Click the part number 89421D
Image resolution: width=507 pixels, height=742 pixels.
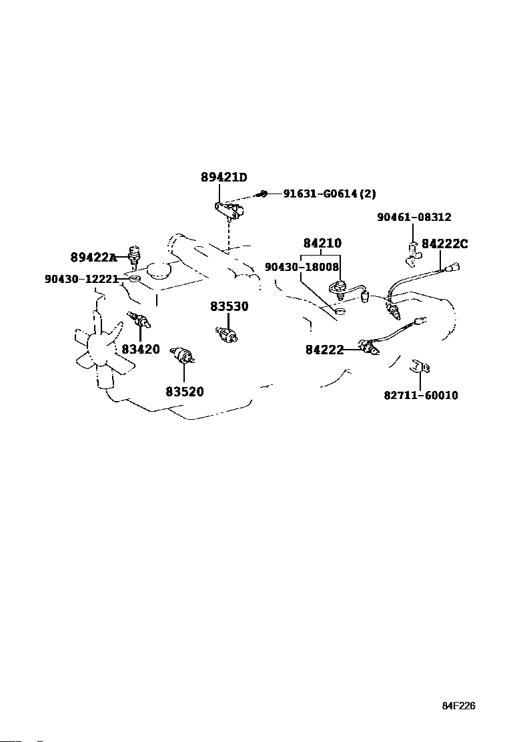(223, 177)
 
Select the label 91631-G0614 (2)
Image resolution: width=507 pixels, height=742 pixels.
(329, 194)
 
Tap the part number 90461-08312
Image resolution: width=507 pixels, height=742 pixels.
(414, 217)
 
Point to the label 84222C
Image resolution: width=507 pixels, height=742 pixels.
(444, 244)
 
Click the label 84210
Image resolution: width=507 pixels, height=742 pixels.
(322, 244)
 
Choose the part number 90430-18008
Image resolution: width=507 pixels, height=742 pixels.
(302, 266)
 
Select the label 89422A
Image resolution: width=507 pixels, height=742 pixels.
(93, 257)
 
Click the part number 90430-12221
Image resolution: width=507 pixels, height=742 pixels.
(81, 279)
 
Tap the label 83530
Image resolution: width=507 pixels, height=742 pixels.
(229, 306)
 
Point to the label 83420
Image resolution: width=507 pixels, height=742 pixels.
(140, 349)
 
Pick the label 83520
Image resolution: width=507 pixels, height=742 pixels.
(184, 392)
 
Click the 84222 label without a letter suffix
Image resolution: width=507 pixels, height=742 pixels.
(324, 349)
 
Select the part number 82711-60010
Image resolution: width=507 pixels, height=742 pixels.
(420, 395)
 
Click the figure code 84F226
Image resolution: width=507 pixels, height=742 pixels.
(458, 706)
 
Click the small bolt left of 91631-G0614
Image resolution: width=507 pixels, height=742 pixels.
(264, 194)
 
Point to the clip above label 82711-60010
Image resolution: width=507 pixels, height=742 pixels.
(419, 367)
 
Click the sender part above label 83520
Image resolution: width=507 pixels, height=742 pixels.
(183, 356)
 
